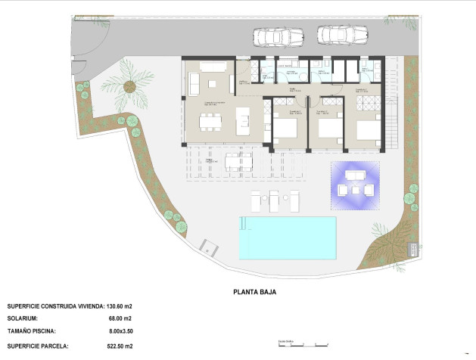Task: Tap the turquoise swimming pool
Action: pyautogui.click(x=287, y=236)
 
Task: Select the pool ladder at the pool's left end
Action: pyautogui.click(x=243, y=224)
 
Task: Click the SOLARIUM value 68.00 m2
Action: pyautogui.click(x=120, y=319)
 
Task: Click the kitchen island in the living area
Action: pyautogui.click(x=243, y=118)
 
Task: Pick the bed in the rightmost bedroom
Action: pyautogui.click(x=367, y=131)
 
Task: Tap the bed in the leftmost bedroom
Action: pyautogui.click(x=285, y=130)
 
